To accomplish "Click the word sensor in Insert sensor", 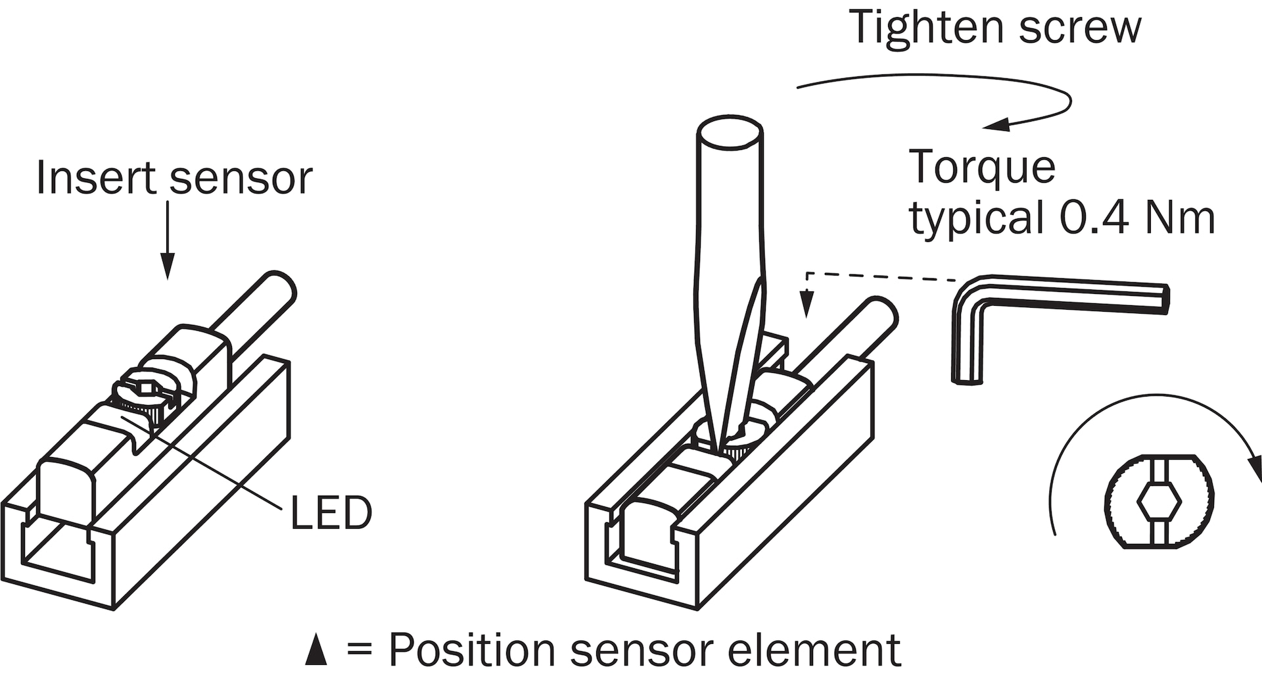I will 241,179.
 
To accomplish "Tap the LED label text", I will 331,513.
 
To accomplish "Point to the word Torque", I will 982,168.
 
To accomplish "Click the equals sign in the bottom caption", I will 360,650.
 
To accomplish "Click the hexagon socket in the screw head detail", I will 1158,502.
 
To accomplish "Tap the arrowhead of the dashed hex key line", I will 807,308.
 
